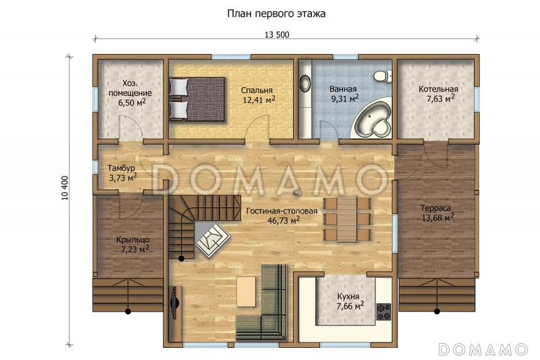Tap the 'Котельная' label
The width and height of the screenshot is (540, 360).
[x=438, y=89]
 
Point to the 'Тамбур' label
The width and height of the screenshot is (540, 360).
[x=122, y=168]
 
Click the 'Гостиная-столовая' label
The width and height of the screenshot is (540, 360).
[x=273, y=210]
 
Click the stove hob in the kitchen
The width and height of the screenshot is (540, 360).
[x=384, y=311]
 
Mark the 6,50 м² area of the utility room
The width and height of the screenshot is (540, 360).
[x=132, y=103]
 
